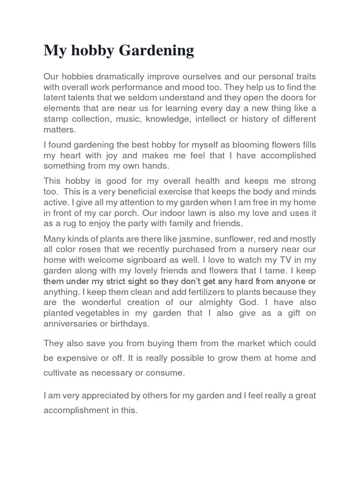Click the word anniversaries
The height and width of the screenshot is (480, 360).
[x=71, y=323]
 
